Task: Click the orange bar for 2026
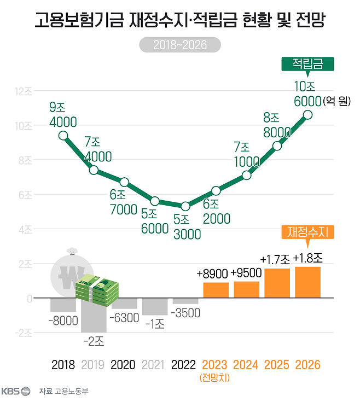pos(307,282)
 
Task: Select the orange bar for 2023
pos(216,290)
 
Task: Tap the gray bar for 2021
pos(154,306)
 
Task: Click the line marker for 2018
pos(63,135)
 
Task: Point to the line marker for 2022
pos(185,206)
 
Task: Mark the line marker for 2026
pos(307,114)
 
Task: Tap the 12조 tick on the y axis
pos(24,91)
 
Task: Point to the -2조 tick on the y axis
pos(24,333)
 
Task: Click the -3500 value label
pos(185,313)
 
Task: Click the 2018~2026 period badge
pos(180,45)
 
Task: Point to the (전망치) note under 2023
pos(216,377)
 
